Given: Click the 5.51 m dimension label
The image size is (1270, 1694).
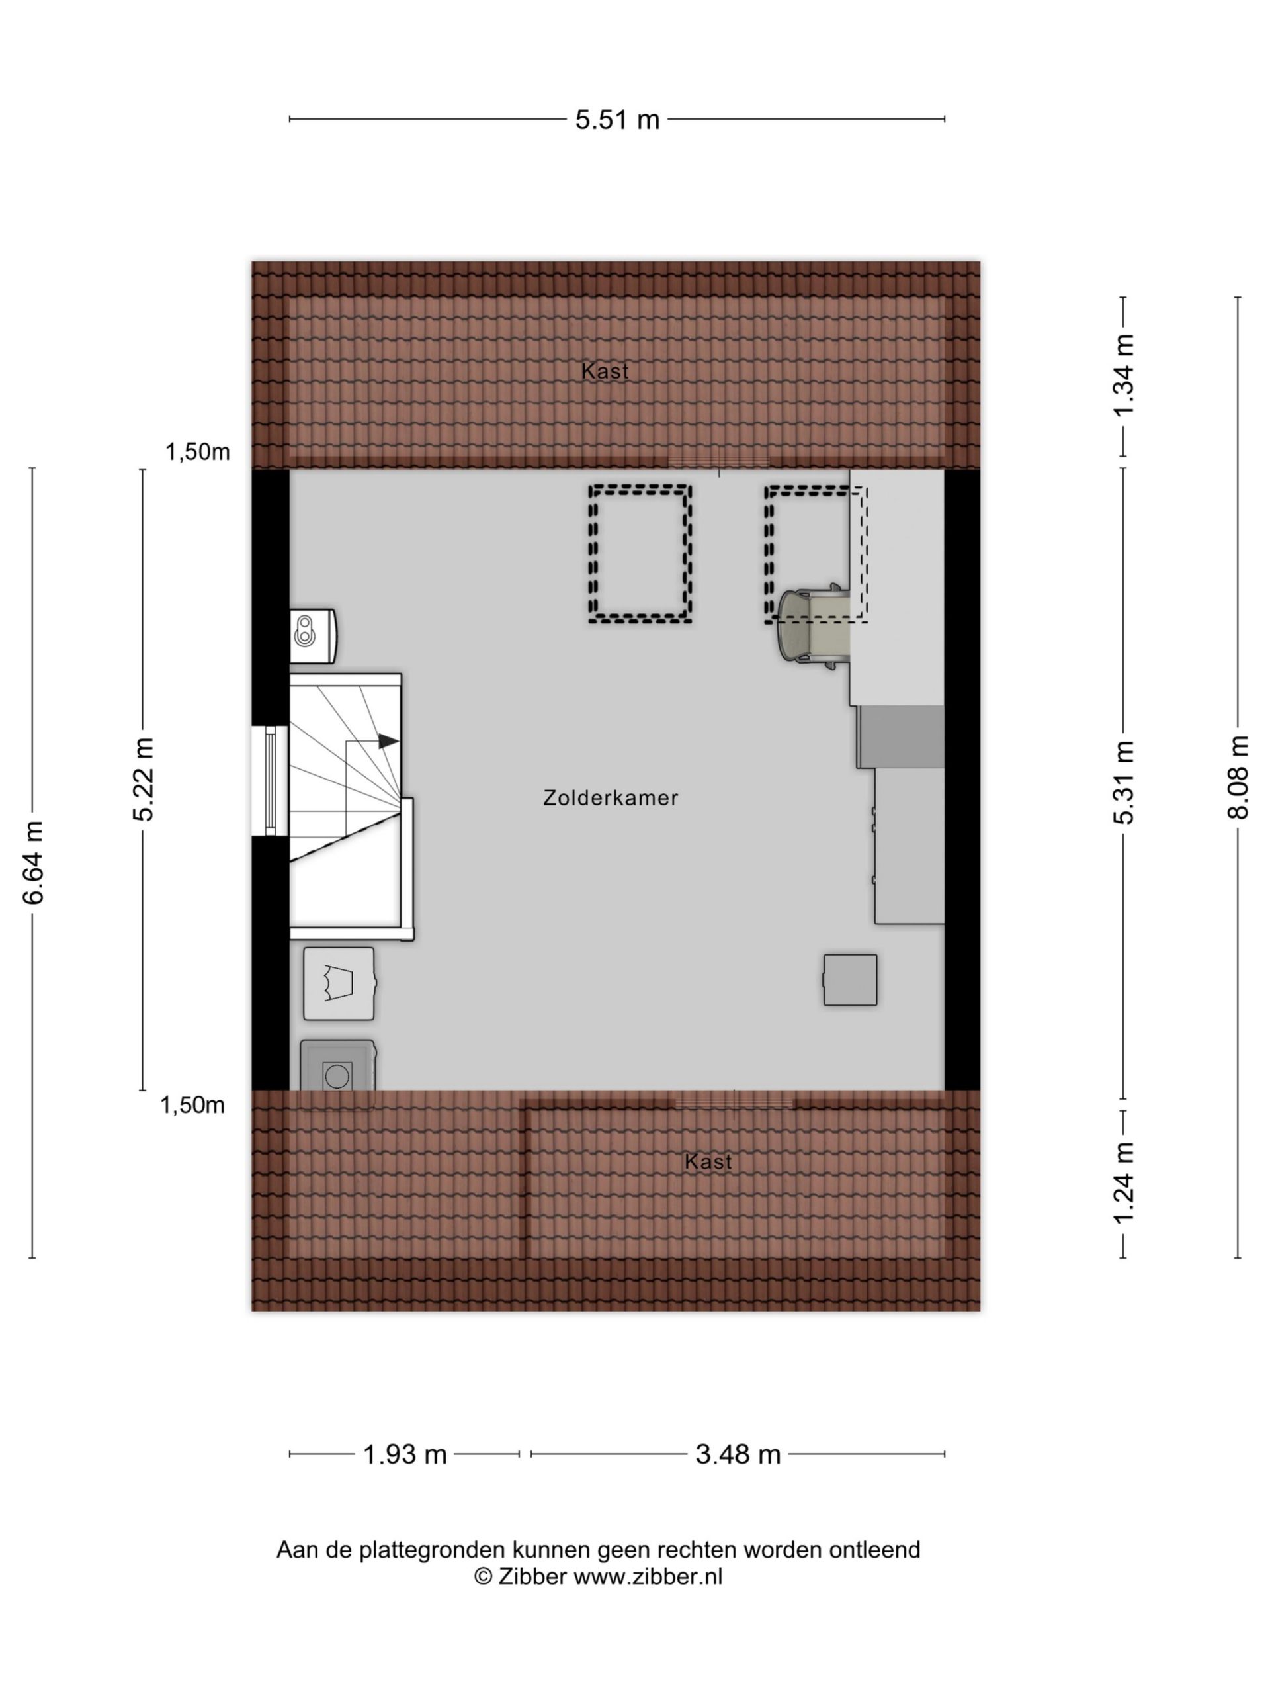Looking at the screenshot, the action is (617, 120).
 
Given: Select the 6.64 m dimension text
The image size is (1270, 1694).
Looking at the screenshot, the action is (34, 862).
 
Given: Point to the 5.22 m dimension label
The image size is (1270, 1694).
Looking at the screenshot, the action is (143, 779).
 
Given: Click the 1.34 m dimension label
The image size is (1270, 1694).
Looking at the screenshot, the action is (1123, 375).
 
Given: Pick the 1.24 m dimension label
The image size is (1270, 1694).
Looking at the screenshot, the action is (1123, 1182).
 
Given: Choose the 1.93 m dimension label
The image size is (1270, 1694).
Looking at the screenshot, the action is (404, 1454).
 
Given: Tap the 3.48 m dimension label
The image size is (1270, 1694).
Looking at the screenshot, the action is (738, 1454).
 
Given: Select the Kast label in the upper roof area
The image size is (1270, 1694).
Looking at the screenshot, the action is (605, 371).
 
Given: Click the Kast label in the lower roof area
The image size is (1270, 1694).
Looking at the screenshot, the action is (708, 1162).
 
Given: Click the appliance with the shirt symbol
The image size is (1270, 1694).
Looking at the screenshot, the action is (339, 983).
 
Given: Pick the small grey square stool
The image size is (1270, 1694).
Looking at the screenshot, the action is (850, 979).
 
